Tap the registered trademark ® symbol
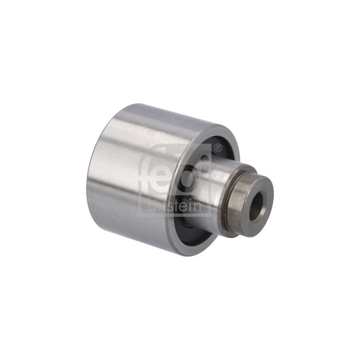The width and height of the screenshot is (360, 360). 218,148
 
